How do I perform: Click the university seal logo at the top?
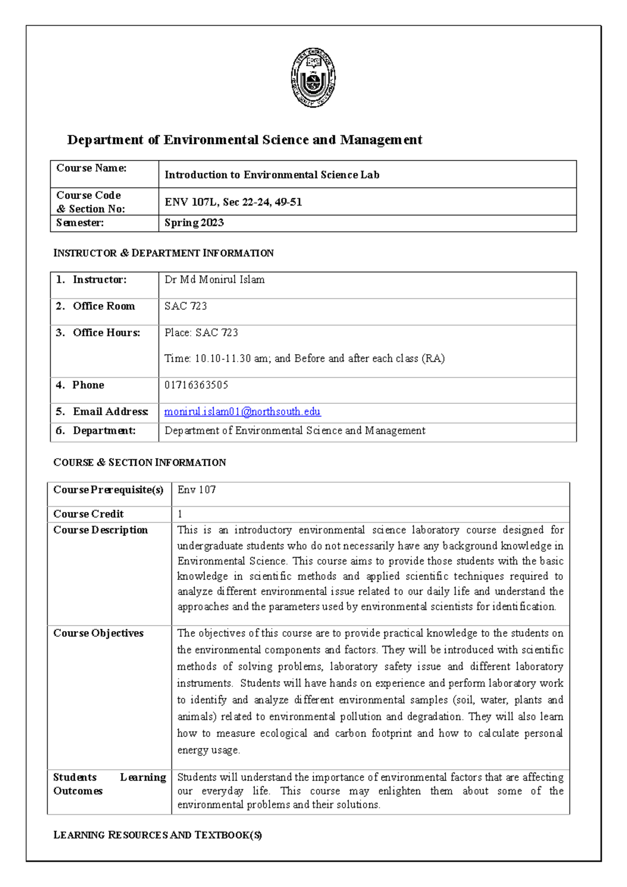313,78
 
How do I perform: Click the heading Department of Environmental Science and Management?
245,140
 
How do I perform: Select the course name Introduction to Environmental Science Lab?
272,175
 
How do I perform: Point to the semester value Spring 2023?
194,223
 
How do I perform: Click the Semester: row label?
80,223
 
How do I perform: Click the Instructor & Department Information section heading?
164,253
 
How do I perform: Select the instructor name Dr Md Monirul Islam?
214,280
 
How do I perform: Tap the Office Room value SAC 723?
185,306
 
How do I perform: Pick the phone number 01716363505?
196,385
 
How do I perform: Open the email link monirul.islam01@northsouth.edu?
242,412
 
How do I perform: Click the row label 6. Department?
96,430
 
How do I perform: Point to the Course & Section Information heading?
140,462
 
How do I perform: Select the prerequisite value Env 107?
196,490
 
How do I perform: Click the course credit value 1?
180,514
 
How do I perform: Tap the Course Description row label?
100,530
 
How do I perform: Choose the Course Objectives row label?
98,633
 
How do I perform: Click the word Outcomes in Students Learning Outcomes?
78,791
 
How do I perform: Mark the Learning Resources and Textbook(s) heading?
157,835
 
